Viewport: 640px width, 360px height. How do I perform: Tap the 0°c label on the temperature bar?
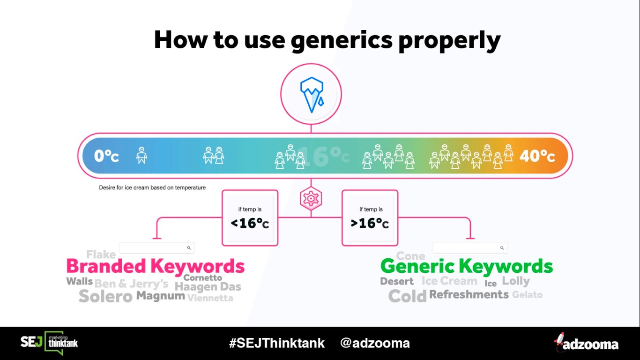tap(106, 156)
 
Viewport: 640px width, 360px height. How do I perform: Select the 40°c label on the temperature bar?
tap(537, 156)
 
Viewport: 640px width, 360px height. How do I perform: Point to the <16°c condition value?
tap(250, 223)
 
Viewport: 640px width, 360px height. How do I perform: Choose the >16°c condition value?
tap(370, 223)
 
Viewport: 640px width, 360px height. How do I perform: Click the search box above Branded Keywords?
tap(156, 247)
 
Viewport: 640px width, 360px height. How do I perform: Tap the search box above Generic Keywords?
tap(469, 247)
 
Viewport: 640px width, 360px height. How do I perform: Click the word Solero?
tap(105, 296)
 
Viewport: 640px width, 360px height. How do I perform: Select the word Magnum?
tap(160, 296)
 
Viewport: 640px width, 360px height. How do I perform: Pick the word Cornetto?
tap(203, 278)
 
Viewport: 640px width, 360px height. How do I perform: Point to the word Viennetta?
tap(210, 298)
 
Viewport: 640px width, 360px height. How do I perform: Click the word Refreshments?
tap(469, 294)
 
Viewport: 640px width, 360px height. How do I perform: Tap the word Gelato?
tap(527, 295)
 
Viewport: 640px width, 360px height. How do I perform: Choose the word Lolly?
tap(516, 281)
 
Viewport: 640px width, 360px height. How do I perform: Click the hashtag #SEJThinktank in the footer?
tap(276, 343)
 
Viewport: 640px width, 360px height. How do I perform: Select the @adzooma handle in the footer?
tap(375, 343)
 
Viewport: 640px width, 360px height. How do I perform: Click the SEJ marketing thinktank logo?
tap(49, 343)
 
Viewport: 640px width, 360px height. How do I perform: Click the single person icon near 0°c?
tap(141, 155)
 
